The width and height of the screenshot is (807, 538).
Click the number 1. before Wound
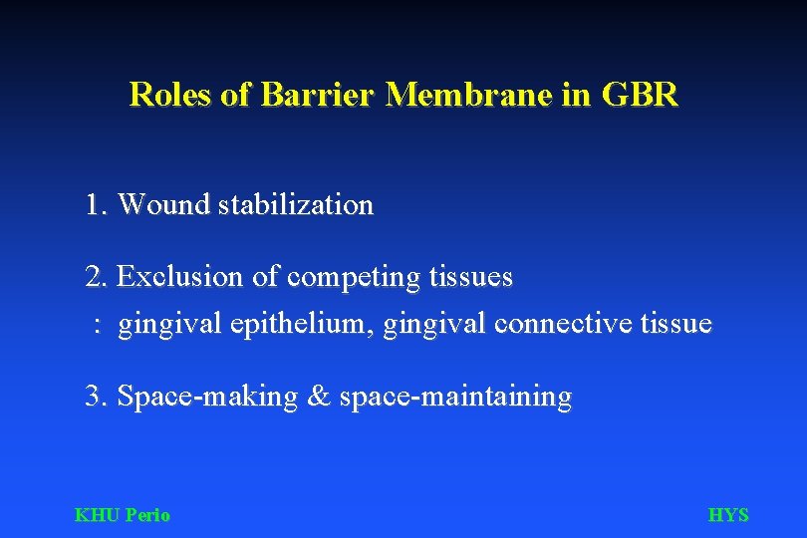click(97, 205)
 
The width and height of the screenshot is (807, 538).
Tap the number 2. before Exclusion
click(97, 277)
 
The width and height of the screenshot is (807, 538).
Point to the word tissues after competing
click(471, 277)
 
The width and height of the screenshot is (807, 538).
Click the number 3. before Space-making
click(97, 397)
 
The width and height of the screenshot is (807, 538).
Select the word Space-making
click(207, 398)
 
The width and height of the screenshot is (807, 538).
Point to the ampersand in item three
click(319, 397)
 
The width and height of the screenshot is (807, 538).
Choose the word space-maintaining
click(456, 398)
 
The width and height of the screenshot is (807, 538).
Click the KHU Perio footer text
click(123, 515)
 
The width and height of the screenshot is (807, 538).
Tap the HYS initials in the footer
click(727, 515)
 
